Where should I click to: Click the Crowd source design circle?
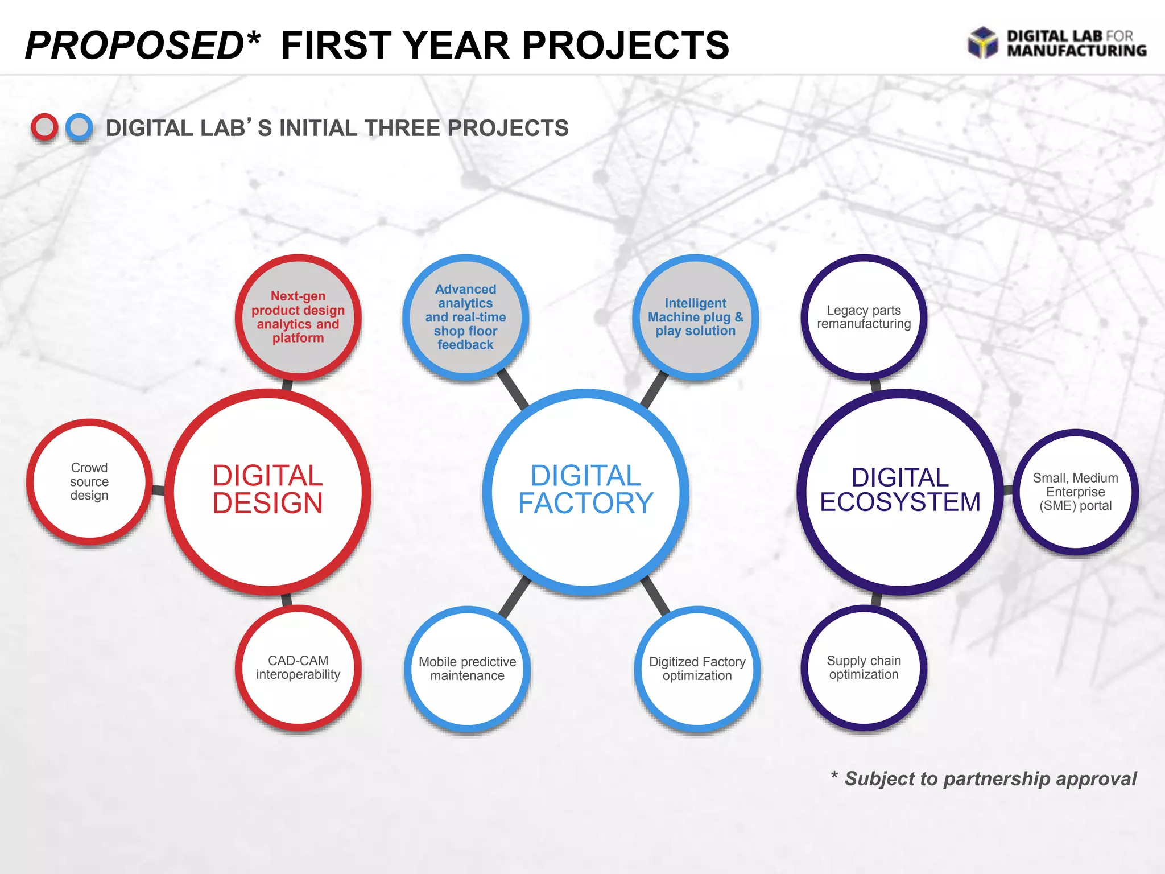click(89, 482)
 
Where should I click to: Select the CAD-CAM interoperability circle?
click(298, 667)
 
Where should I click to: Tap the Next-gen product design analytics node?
click(298, 317)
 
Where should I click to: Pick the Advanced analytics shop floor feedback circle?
click(465, 317)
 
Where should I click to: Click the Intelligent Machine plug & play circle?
click(695, 317)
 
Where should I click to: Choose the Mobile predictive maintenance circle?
click(467, 669)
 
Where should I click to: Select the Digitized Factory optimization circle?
click(697, 669)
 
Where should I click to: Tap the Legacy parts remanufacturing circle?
click(864, 317)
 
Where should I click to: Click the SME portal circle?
click(1075, 492)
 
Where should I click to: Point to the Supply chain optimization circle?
click(864, 667)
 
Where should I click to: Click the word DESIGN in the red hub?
click(268, 504)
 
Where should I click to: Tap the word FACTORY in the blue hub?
click(586, 504)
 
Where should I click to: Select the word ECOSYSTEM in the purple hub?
click(900, 502)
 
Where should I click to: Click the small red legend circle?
click(44, 127)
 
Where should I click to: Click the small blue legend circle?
click(79, 127)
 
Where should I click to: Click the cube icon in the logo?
click(982, 43)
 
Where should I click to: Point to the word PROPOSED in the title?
click(135, 46)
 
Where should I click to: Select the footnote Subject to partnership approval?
click(990, 778)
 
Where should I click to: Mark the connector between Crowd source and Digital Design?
click(159, 490)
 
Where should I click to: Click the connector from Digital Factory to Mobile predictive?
click(515, 596)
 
